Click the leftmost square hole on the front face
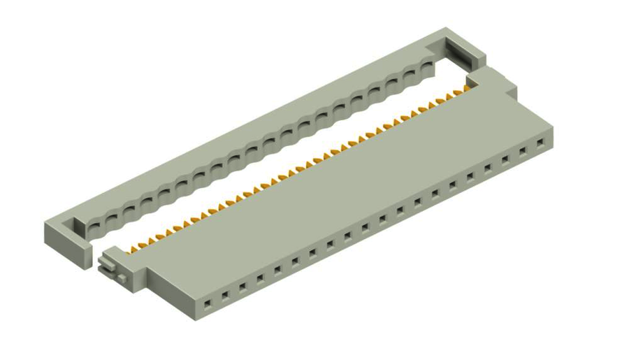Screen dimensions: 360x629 tap(208, 305)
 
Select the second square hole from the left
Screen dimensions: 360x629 tap(225, 296)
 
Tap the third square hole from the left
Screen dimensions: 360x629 tap(243, 287)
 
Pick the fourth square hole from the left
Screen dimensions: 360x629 tap(260, 279)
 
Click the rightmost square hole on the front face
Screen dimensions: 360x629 tap(540, 143)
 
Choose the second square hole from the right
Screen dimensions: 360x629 tap(522, 151)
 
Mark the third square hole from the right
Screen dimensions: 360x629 tap(505, 159)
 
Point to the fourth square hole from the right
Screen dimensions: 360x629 tap(487, 168)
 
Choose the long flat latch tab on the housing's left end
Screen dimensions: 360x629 tap(106, 264)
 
